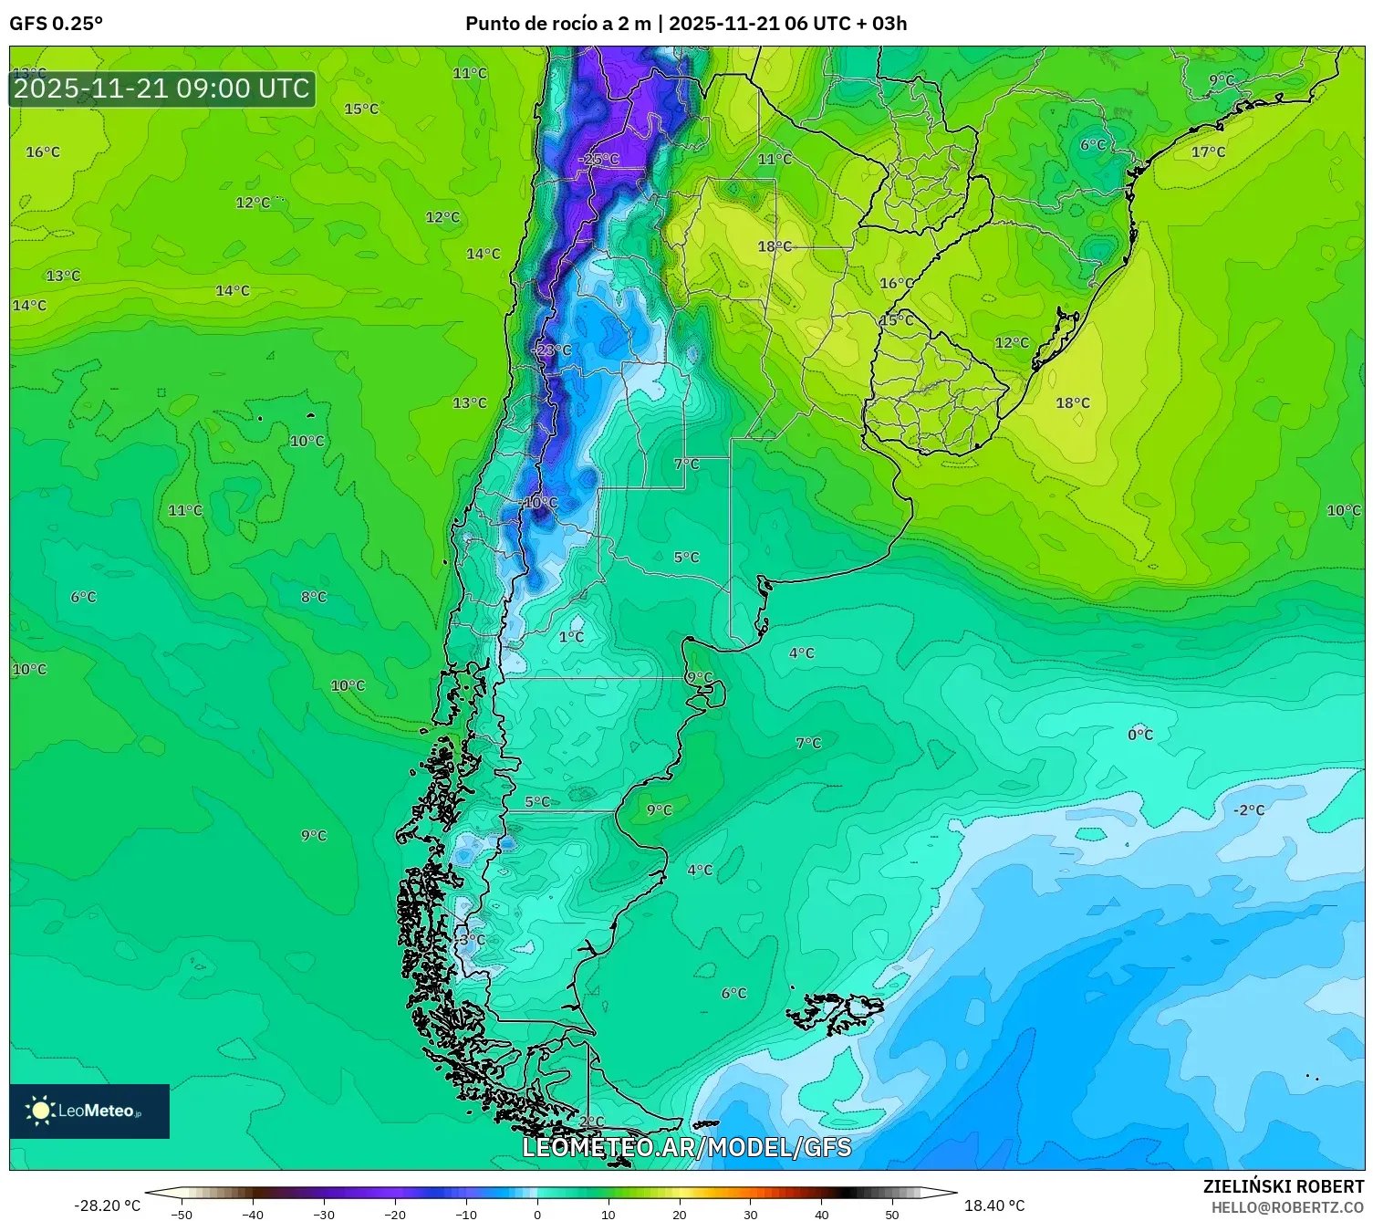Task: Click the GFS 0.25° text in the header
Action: (x=56, y=24)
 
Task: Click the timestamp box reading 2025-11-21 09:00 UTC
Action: (x=162, y=89)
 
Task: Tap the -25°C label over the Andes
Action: (x=598, y=159)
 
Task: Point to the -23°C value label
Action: (x=551, y=350)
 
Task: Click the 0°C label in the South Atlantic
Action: (x=1140, y=735)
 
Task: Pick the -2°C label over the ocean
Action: (x=1249, y=810)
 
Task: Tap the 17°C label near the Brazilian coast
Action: (x=1208, y=152)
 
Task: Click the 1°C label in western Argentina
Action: (x=571, y=637)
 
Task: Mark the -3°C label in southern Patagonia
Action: (x=471, y=940)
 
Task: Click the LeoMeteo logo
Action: (x=89, y=1111)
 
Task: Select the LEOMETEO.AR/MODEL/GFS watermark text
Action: (x=686, y=1147)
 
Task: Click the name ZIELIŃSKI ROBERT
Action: (x=1283, y=1186)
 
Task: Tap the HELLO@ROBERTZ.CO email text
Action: (x=1287, y=1207)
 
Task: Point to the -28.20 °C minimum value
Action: (x=107, y=1205)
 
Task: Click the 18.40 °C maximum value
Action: (x=994, y=1205)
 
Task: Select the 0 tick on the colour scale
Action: (x=537, y=1214)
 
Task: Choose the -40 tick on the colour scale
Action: (x=253, y=1214)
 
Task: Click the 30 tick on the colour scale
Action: (x=750, y=1214)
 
